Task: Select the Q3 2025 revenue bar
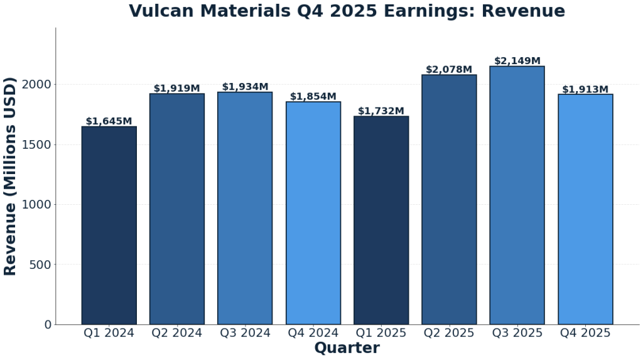coord(517,195)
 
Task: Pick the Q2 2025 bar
coord(449,199)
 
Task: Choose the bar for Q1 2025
coord(381,220)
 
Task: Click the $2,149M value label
coord(517,61)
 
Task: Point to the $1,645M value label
coord(109,121)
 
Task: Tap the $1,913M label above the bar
coord(585,89)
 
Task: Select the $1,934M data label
coord(245,87)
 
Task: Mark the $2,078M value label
coord(449,70)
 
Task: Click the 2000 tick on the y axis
coord(39,84)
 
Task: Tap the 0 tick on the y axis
coord(48,324)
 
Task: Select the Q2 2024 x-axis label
coord(176,333)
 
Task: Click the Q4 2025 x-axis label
coord(585,333)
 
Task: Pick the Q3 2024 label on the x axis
coord(245,333)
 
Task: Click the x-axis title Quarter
coord(347,348)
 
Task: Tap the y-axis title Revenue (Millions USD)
coord(10,176)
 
